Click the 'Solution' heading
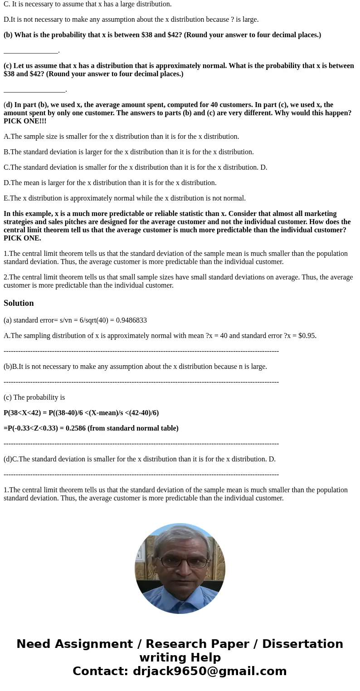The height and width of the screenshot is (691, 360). [x=19, y=303]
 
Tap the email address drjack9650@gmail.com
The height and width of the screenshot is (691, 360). [x=209, y=671]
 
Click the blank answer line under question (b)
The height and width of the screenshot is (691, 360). [x=31, y=51]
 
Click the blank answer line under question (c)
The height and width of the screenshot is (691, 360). [x=34, y=90]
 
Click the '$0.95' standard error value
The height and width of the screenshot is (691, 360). [x=307, y=336]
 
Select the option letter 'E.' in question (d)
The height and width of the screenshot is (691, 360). [x=7, y=198]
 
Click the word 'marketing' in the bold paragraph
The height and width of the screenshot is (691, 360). [x=320, y=214]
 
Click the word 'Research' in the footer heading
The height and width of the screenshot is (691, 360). [x=174, y=644]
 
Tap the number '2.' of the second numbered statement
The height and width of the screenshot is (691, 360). [x=6, y=277]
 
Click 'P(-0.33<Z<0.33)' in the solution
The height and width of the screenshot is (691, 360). [x=35, y=428]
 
